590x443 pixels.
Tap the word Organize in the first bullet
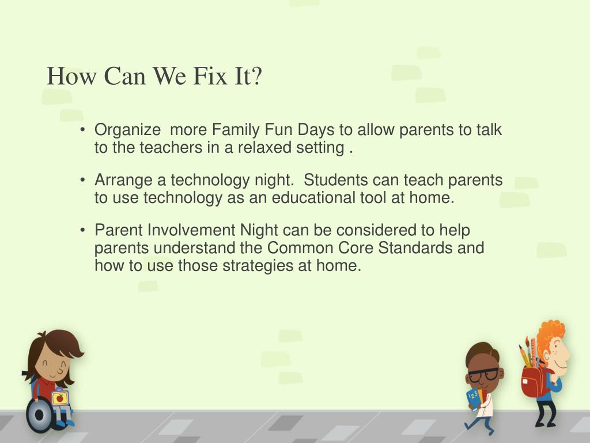coord(127,130)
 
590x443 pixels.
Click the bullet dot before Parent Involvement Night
coord(83,230)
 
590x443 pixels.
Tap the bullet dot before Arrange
coord(83,180)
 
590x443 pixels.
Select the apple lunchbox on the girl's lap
coord(59,397)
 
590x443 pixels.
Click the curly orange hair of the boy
coord(551,336)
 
